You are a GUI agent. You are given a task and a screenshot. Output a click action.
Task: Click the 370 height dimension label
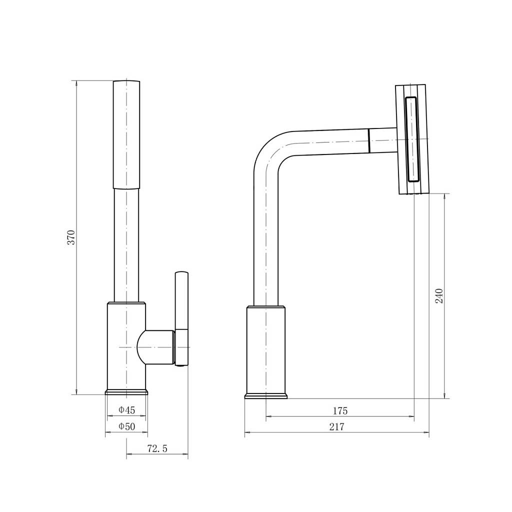[x=71, y=237]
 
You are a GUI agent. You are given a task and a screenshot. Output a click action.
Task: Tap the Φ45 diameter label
[x=126, y=410]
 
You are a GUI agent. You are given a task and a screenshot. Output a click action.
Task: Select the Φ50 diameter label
[x=126, y=426]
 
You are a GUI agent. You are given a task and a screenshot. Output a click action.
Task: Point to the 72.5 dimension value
[x=157, y=448]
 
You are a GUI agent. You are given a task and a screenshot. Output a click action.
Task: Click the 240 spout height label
[x=439, y=296]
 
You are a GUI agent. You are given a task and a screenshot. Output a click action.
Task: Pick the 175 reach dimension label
[x=340, y=411]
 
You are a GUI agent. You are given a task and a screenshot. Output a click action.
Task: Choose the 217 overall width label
[x=336, y=427]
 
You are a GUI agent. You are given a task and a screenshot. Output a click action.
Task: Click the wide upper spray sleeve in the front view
[x=126, y=134]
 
